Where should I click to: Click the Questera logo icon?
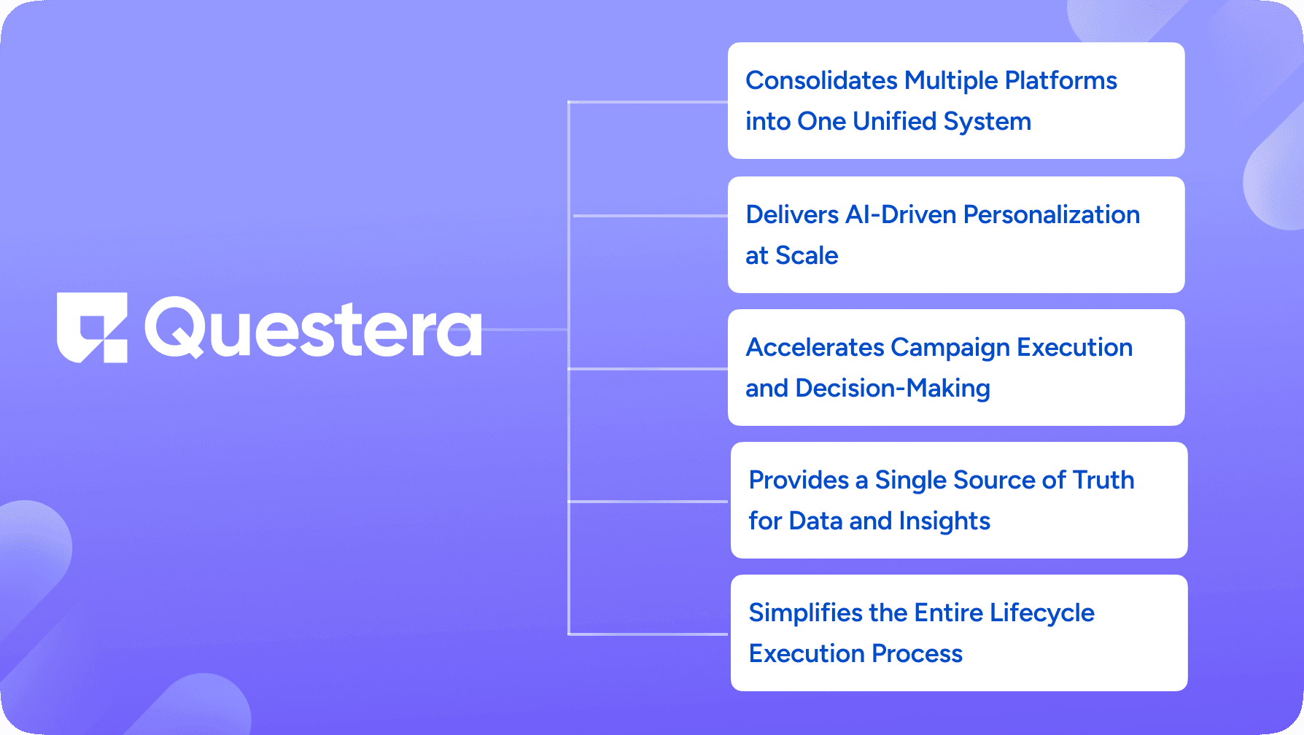coord(92,327)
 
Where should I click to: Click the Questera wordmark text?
coord(314,328)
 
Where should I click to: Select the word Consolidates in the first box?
coord(821,80)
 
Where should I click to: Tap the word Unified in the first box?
coord(894,121)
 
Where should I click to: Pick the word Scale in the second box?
coord(807,255)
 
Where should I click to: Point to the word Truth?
coord(1103,480)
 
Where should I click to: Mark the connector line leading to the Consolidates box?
coord(648,102)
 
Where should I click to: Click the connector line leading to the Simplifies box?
coord(648,634)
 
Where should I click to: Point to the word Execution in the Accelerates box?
coord(1074,347)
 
